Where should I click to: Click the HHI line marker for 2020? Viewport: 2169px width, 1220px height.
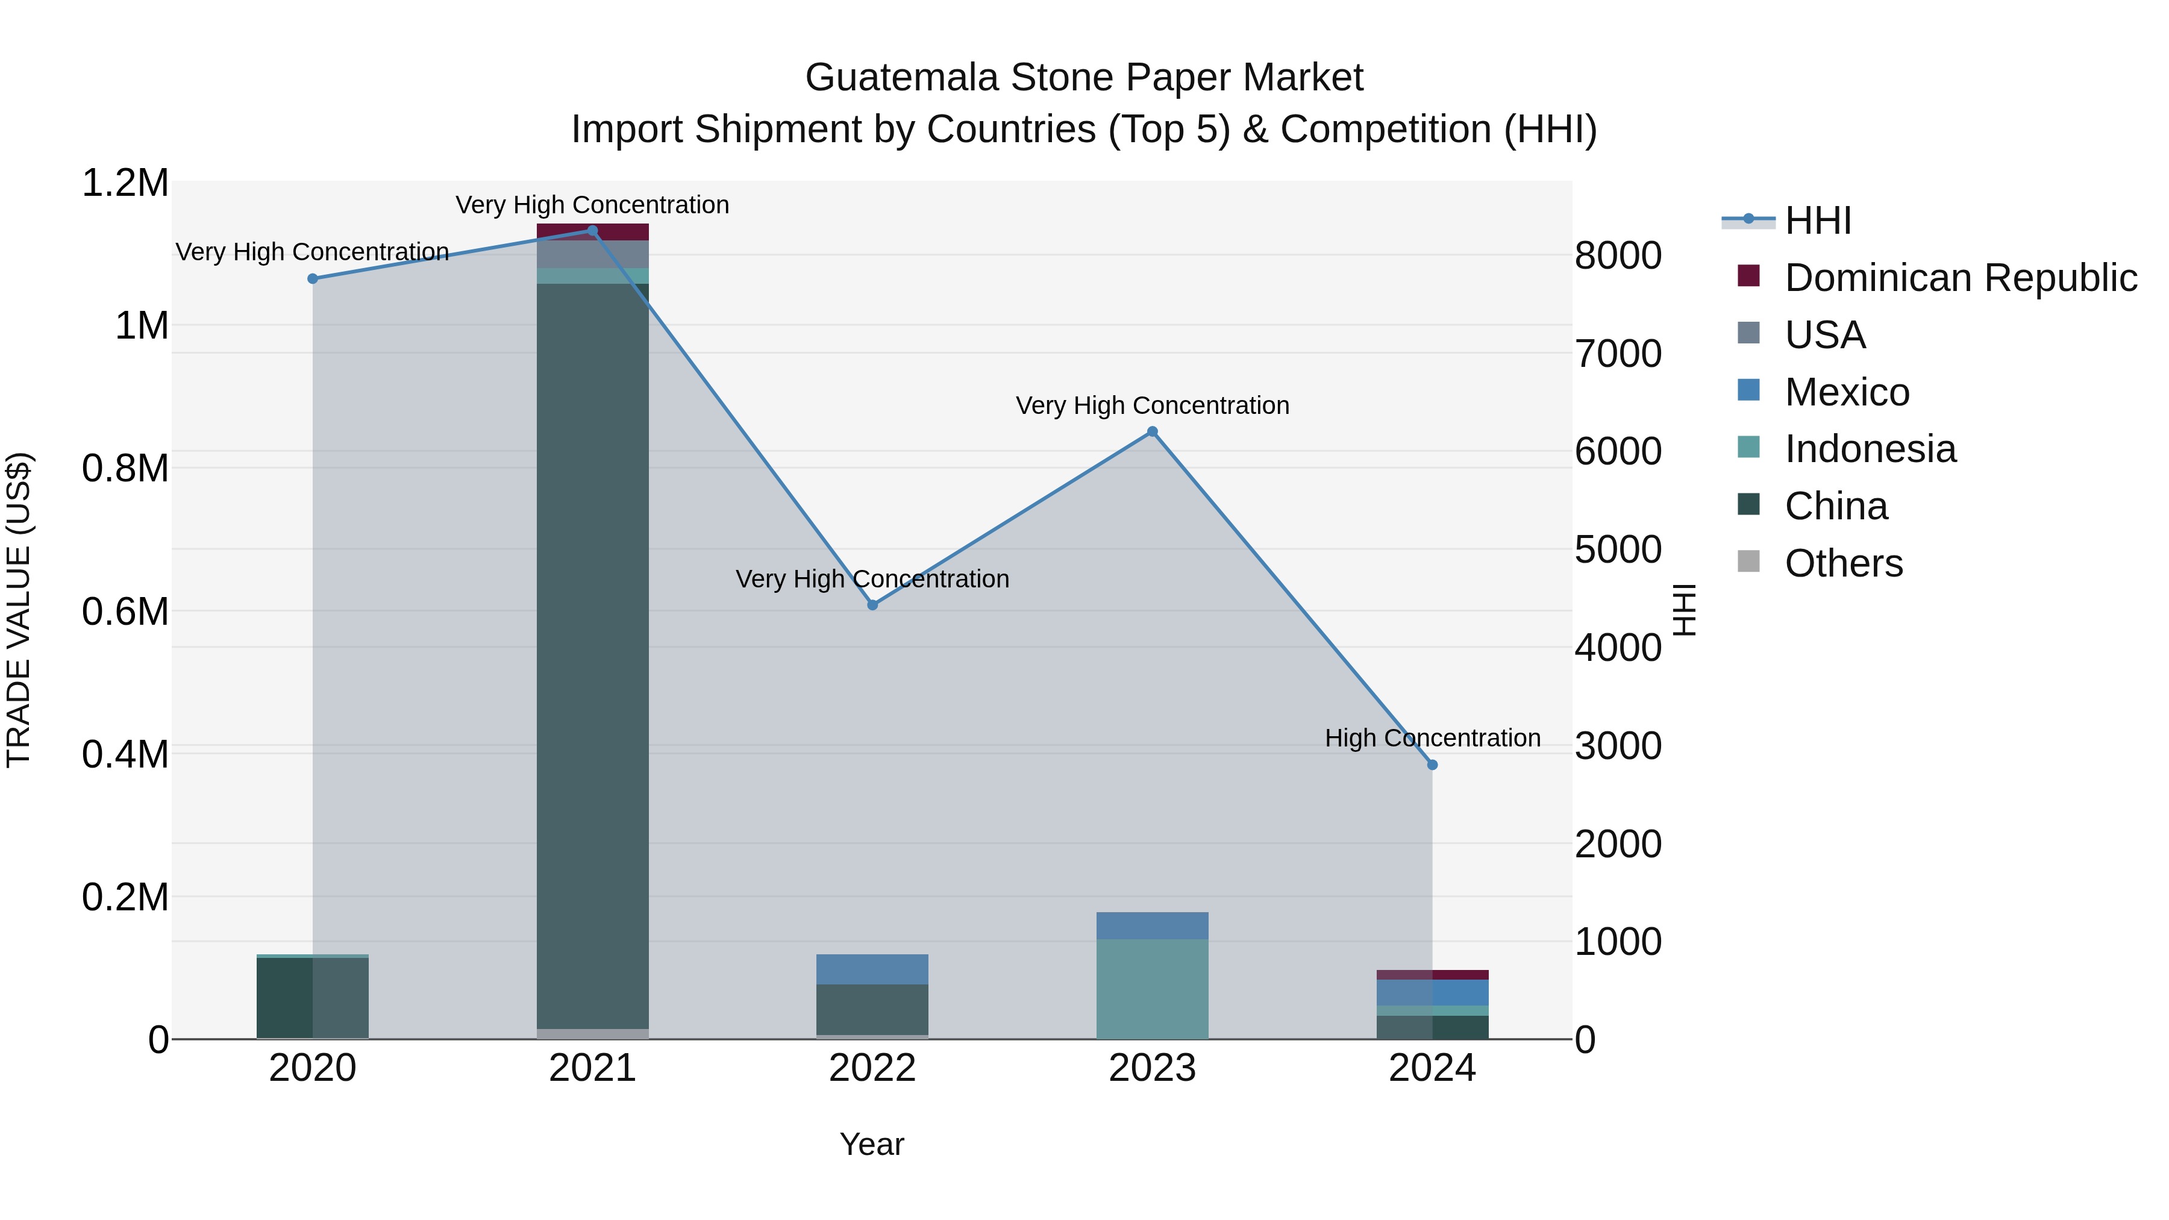coord(312,279)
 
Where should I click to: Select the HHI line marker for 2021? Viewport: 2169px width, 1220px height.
coord(592,231)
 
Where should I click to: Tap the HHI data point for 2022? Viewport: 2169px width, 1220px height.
coord(872,605)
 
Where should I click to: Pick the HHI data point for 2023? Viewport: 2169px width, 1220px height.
coord(1153,432)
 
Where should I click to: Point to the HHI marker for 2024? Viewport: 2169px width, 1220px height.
coord(1432,765)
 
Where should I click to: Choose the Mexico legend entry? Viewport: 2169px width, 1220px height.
coord(1847,392)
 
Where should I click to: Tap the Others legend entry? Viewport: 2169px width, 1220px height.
coord(1843,563)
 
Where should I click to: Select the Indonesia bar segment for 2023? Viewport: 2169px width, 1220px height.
coord(1153,989)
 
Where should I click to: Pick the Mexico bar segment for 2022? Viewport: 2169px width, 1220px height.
coord(872,969)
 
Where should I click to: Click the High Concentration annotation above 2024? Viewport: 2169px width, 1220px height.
coord(1432,739)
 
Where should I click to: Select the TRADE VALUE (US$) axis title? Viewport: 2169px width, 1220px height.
coord(19,610)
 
